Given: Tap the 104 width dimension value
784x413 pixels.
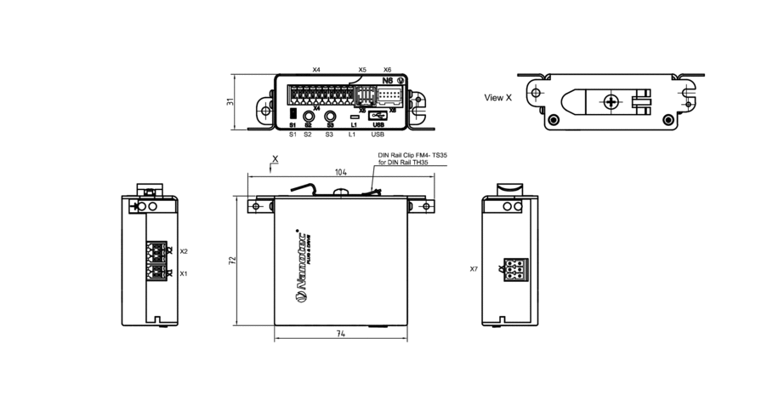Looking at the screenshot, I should coord(341,173).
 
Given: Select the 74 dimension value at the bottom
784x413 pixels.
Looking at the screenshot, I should coord(341,335).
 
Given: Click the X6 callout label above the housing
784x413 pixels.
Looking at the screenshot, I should coord(388,70).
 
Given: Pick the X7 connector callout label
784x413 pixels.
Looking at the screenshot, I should coord(474,269).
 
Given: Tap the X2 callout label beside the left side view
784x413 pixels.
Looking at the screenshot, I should coord(184,252).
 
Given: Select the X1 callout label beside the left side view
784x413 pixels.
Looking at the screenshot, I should coord(184,273).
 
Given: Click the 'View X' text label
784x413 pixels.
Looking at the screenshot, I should coord(498,98).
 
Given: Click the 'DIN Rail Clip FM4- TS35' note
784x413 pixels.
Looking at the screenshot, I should coord(412,156).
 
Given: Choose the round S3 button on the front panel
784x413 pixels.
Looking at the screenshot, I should coord(330,115).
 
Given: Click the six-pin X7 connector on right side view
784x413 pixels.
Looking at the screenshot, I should coord(514,269).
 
